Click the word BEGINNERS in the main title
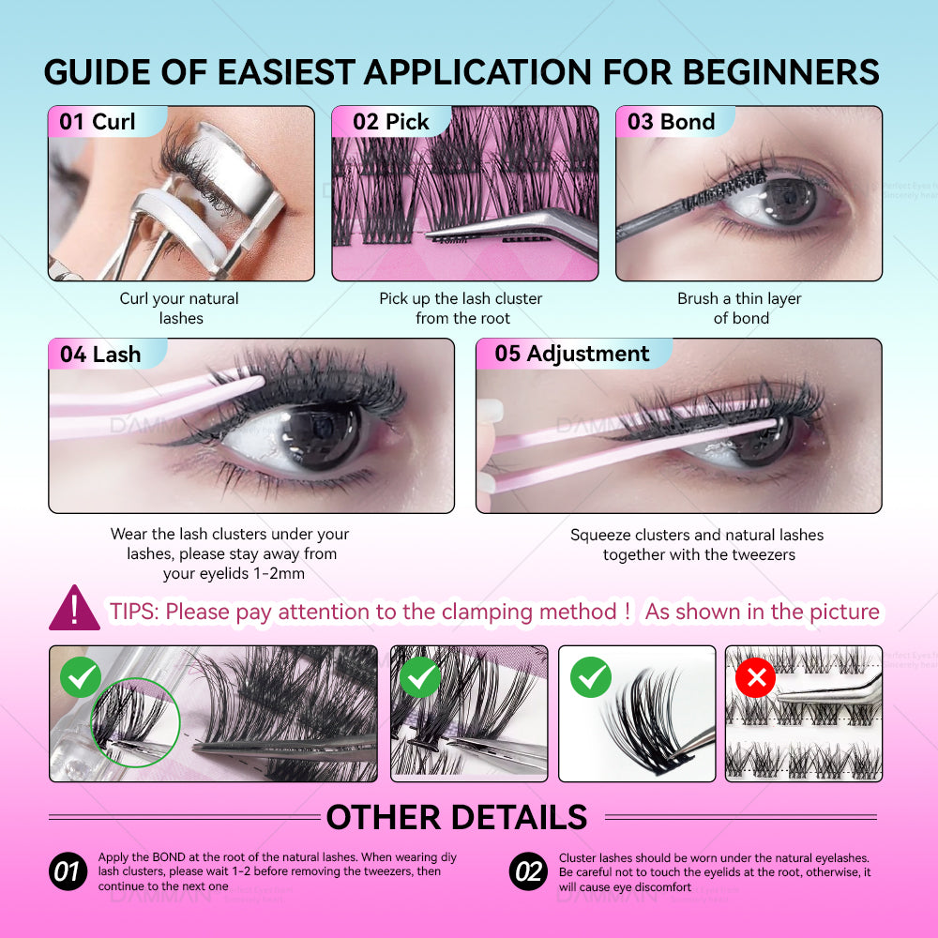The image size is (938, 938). point(780,72)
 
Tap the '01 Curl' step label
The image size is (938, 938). point(98,122)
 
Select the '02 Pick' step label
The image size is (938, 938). point(390,122)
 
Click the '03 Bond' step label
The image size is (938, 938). point(672,122)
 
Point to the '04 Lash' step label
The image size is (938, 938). point(100,355)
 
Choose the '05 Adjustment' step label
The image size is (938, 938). point(572,354)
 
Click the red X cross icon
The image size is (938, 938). point(755,678)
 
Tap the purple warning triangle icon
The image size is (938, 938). point(74,609)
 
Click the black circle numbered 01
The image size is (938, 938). point(68,871)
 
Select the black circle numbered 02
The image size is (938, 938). point(528,871)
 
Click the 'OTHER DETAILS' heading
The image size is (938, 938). point(457,817)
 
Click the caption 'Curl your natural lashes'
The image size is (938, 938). point(179,308)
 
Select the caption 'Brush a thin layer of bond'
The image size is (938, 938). point(740,308)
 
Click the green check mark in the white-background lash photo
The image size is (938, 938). point(591,677)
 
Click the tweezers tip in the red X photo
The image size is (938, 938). point(779,695)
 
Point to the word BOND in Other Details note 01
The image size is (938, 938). point(169,857)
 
